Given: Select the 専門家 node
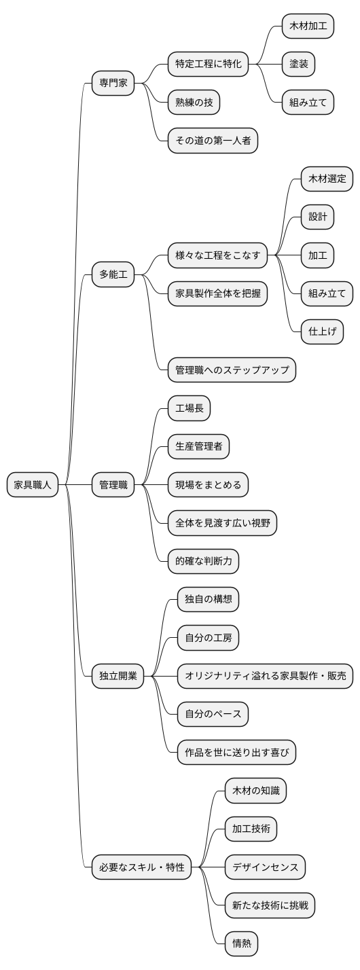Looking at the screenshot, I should [113, 84].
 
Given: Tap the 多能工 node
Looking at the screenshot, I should [113, 274].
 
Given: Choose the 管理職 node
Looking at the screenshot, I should [113, 485].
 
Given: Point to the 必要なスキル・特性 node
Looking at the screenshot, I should [142, 867].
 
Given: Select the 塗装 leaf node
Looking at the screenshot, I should [299, 65].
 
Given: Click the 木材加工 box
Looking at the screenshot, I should [308, 26].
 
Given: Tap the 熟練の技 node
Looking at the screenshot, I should [194, 103].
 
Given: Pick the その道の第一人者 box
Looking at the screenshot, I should [213, 141].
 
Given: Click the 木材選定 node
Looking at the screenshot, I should [327, 179].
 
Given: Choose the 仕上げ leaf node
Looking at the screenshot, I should [323, 332].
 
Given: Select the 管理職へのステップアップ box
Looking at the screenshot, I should [232, 370].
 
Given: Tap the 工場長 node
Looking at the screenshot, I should [190, 408].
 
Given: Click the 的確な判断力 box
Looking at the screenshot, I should [204, 561].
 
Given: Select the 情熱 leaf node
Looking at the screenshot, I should [242, 943].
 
